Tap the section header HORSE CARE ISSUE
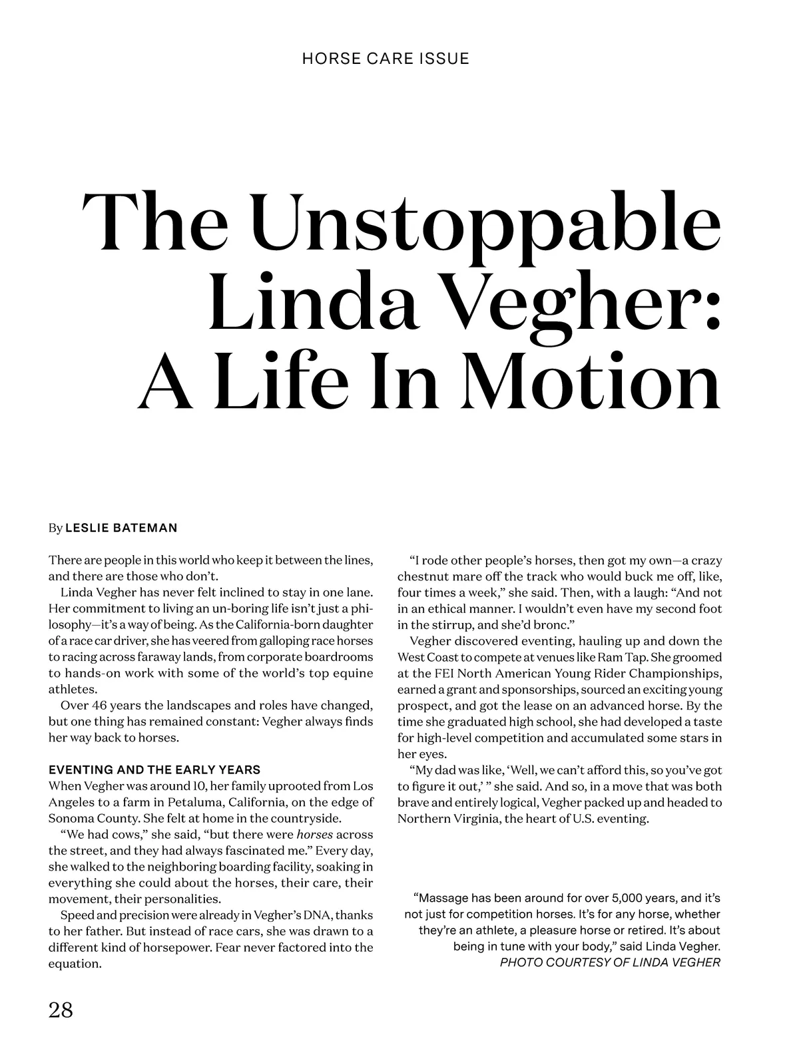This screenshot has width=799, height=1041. click(x=386, y=59)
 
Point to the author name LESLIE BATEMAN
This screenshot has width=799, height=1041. click(x=121, y=528)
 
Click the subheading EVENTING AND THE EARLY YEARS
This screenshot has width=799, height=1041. click(x=154, y=770)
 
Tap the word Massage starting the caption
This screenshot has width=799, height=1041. click(x=443, y=898)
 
